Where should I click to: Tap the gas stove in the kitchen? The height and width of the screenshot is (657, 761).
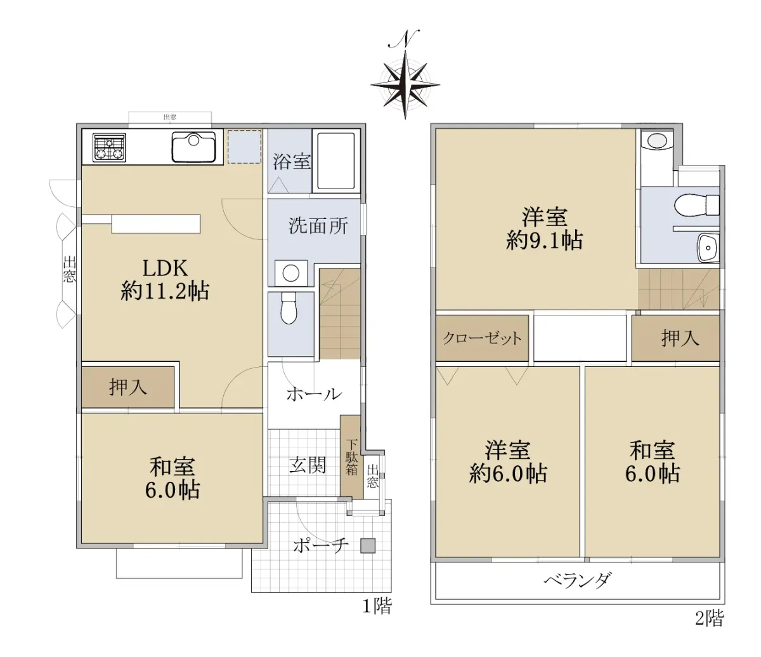[109, 147]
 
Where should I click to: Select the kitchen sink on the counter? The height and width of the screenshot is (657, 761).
[193, 147]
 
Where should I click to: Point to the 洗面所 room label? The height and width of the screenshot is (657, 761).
[318, 225]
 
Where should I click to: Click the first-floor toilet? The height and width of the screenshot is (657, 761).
[289, 308]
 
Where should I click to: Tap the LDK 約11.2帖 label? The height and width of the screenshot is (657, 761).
[166, 280]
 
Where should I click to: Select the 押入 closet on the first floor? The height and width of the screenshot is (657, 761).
[127, 387]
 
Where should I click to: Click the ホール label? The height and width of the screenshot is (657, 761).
[314, 394]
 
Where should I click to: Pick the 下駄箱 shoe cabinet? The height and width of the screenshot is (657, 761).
[351, 457]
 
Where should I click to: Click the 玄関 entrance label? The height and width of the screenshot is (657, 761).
[308, 465]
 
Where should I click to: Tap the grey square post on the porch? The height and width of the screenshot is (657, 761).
[368, 546]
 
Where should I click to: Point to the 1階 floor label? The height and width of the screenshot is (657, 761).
[377, 606]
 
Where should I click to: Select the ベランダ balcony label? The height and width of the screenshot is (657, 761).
[578, 581]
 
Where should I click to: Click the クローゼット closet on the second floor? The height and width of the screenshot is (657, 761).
[483, 338]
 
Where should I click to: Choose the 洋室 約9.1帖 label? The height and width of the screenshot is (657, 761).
[544, 229]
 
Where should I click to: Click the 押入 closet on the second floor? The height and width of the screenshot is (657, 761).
[676, 338]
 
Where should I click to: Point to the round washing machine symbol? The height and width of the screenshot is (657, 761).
[291, 274]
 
